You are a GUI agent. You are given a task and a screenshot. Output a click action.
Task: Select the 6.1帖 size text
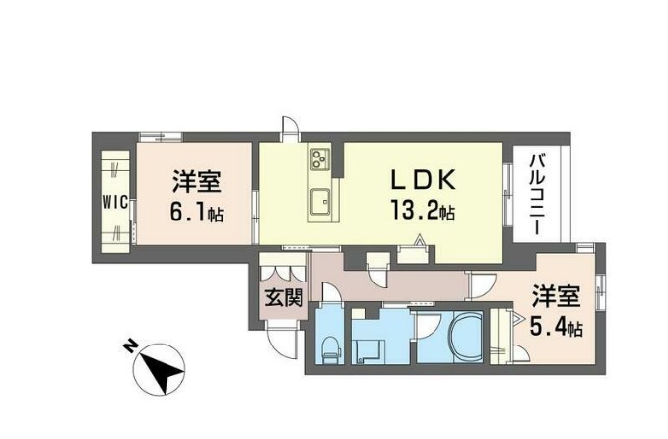[196, 210]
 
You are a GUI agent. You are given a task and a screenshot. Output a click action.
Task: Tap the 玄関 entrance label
[282, 296]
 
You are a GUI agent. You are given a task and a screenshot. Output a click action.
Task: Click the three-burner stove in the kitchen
[321, 157]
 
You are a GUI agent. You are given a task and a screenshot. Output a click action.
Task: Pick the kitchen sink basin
[320, 203]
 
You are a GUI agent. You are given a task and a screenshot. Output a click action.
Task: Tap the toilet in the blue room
[332, 344]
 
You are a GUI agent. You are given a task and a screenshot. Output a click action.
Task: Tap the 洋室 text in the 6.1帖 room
[196, 182]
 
